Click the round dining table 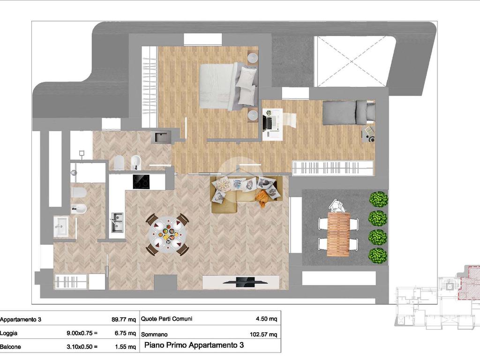tap(167, 235)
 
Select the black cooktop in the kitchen tap(141, 181)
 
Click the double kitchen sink tap(117, 222)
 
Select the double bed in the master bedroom tap(228, 87)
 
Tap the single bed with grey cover tap(349, 112)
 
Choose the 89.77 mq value tap(124, 320)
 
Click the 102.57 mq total tap(263, 334)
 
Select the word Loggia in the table tap(8, 333)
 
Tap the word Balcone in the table tap(10, 347)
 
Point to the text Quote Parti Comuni tap(166, 319)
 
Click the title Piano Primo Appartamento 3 tap(194, 345)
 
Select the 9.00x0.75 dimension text tap(82, 333)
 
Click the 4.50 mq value tap(266, 319)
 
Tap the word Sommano tap(154, 335)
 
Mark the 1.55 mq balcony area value tap(125, 347)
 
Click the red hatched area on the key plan tap(469, 282)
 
